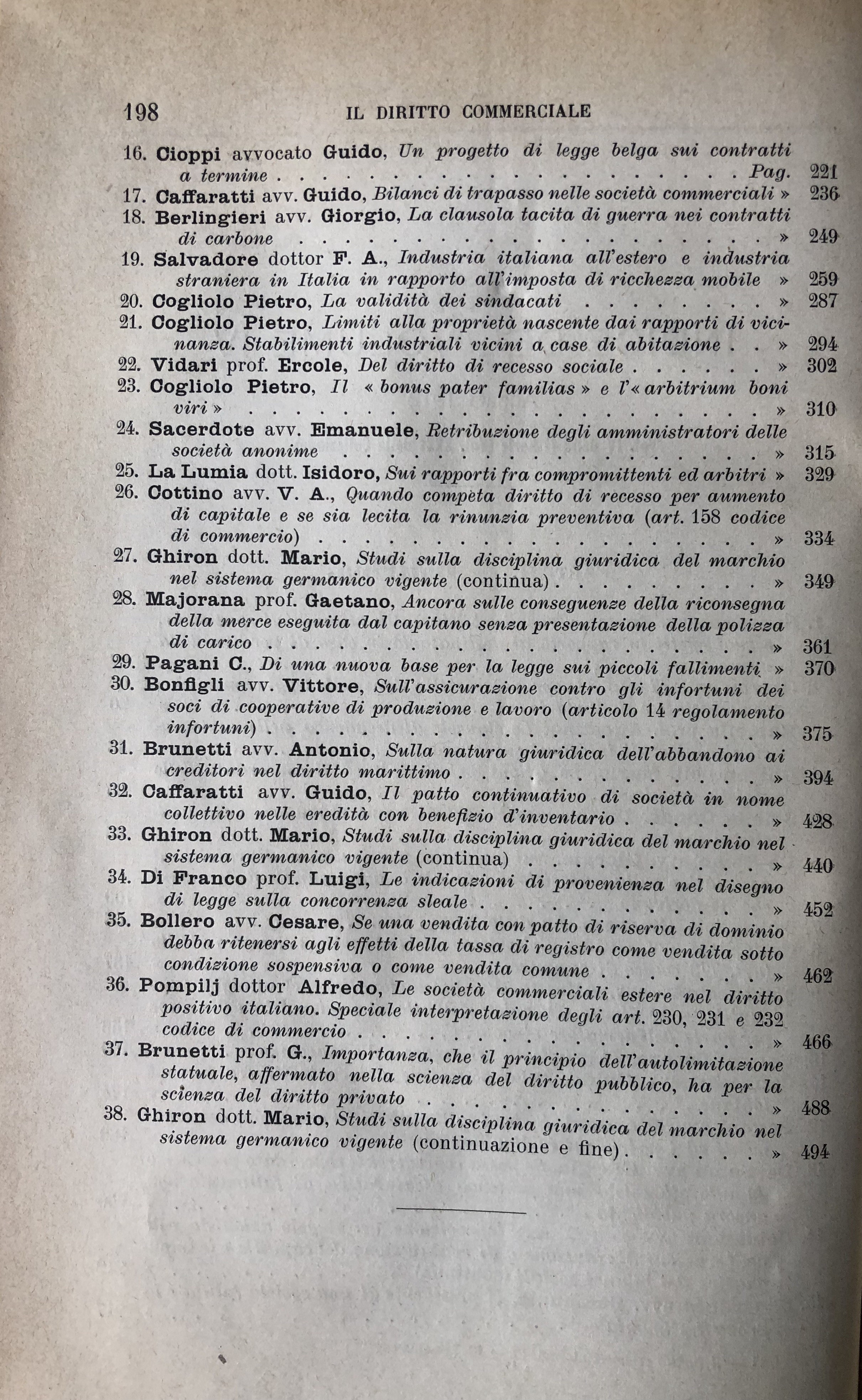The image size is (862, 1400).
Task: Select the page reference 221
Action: point(823,172)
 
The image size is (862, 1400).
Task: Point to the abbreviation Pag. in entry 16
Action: point(769,172)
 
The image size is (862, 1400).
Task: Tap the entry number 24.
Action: point(128,429)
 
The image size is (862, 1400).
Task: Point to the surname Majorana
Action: point(195,600)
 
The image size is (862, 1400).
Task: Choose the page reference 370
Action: point(819,668)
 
